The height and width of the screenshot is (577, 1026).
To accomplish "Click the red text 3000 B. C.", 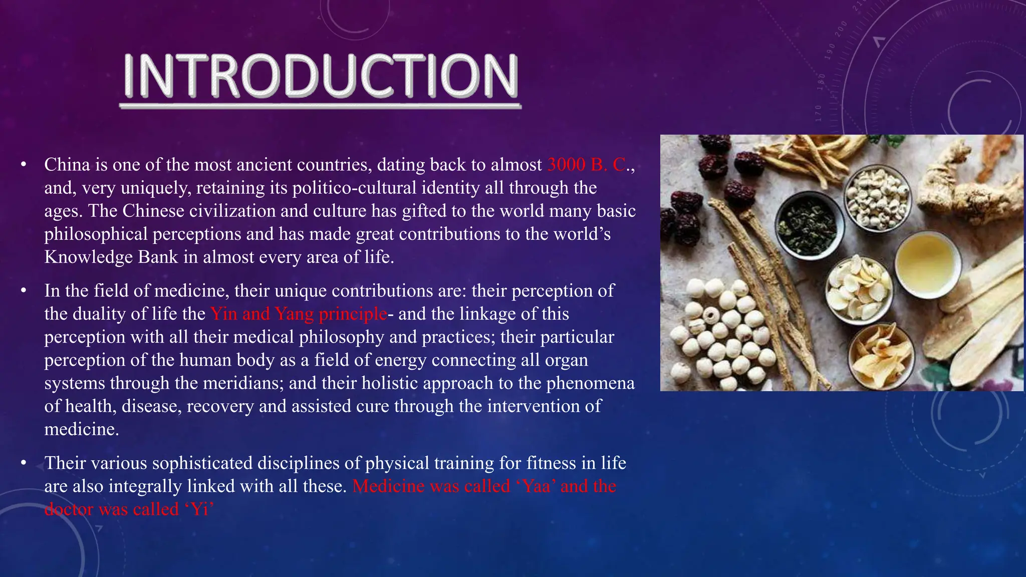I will pyautogui.click(x=586, y=165).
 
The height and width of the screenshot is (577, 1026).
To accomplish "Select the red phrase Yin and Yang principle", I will pyautogui.click(x=299, y=314).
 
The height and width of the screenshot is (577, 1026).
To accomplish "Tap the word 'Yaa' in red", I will pyautogui.click(x=536, y=486).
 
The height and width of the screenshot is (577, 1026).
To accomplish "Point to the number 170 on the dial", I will pyautogui.click(x=818, y=113).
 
